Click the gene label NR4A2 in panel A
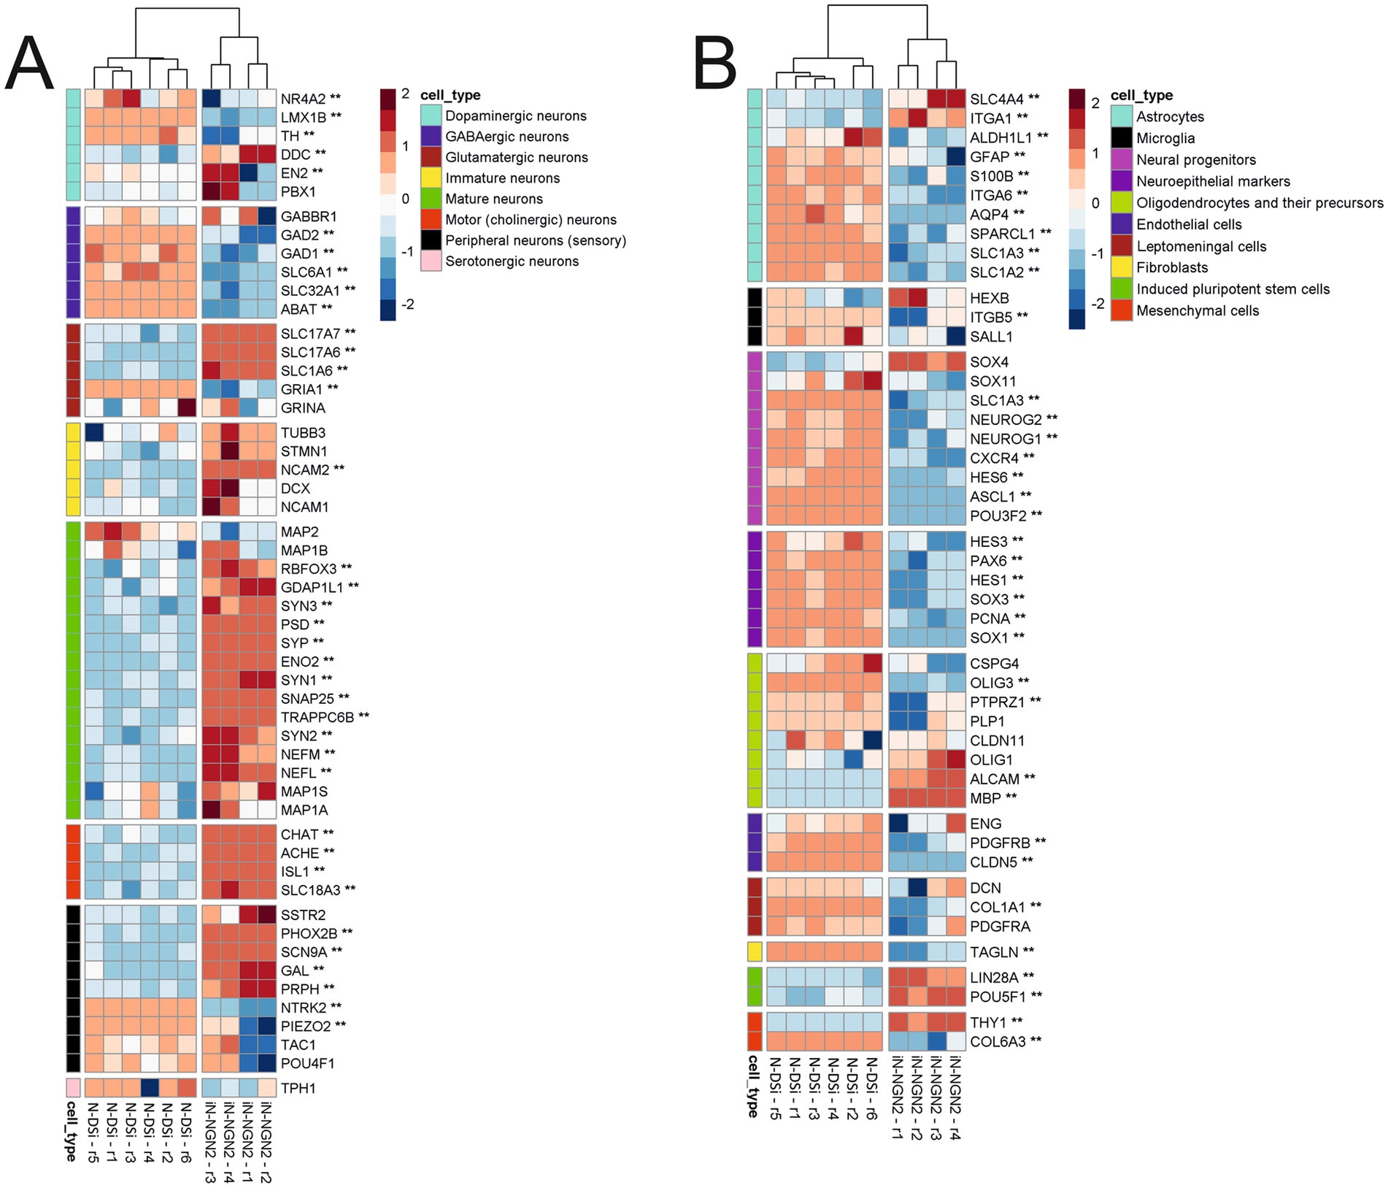(301, 98)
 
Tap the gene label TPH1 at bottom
(298, 1088)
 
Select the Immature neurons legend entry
(502, 178)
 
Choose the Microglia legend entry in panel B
(1165, 138)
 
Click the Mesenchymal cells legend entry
(1197, 311)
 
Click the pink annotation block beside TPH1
(73, 1088)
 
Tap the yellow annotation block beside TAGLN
(755, 951)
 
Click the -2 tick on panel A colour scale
(407, 304)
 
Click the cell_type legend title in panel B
(1141, 96)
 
